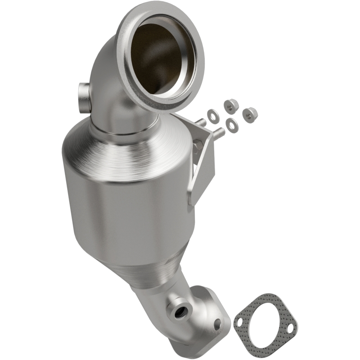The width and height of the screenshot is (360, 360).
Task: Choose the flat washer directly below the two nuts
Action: point(232,126)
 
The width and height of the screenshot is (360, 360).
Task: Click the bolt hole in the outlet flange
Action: point(218,322)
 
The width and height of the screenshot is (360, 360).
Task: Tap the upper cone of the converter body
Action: point(126,148)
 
